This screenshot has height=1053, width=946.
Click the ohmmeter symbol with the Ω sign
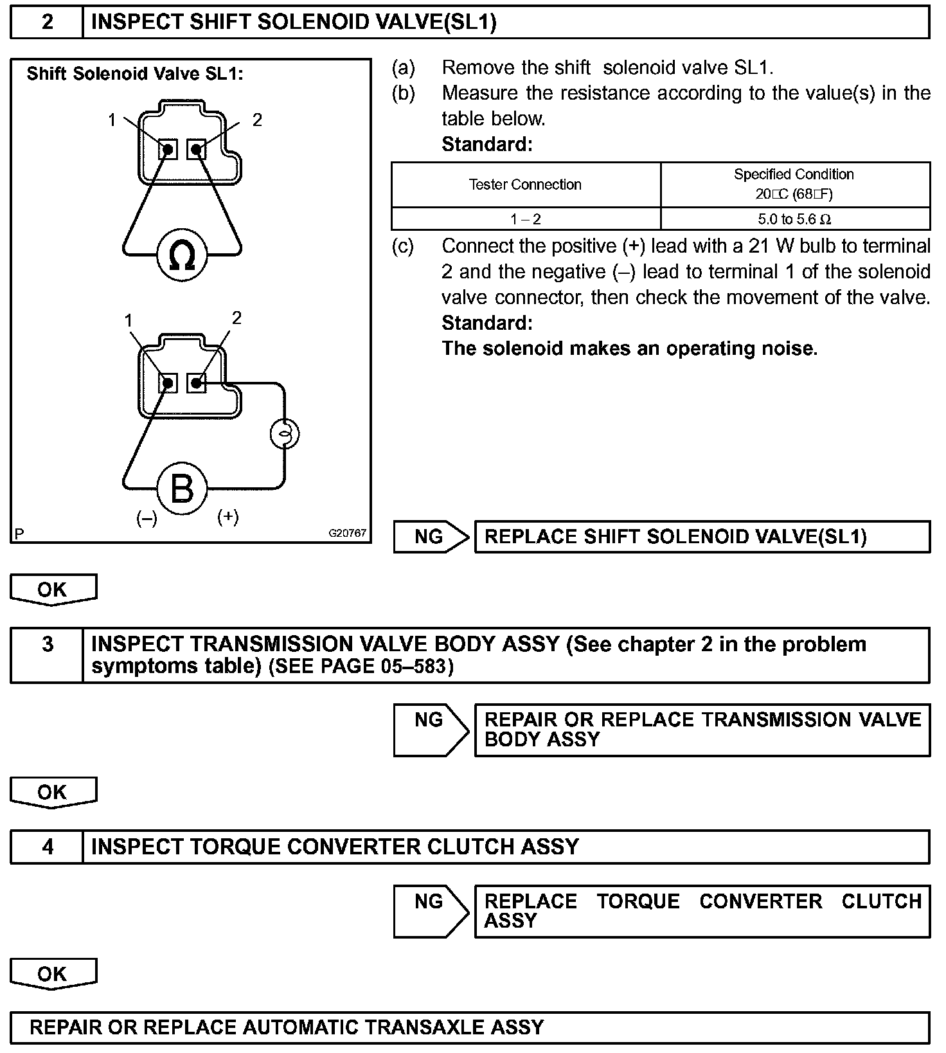pos(181,256)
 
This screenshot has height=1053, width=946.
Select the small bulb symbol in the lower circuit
pos(284,435)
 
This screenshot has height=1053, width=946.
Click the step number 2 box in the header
pos(48,22)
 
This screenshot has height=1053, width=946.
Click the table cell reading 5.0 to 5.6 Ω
pos(794,219)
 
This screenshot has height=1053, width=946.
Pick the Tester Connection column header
pos(525,184)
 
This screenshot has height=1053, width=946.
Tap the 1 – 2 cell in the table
pos(525,219)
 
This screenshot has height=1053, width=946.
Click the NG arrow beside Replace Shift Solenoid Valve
pos(431,536)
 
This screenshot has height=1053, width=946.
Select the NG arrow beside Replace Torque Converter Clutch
pos(431,911)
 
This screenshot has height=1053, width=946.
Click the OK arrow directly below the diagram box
pos(53,589)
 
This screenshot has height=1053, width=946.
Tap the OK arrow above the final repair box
pos(53,973)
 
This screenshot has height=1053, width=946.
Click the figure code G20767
pos(347,533)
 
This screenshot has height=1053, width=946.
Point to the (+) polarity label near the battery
pos(228,516)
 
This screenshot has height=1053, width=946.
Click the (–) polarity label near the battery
pos(147,518)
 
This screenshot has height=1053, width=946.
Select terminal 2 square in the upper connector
pos(197,150)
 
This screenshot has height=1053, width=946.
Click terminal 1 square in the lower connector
pos(168,384)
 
